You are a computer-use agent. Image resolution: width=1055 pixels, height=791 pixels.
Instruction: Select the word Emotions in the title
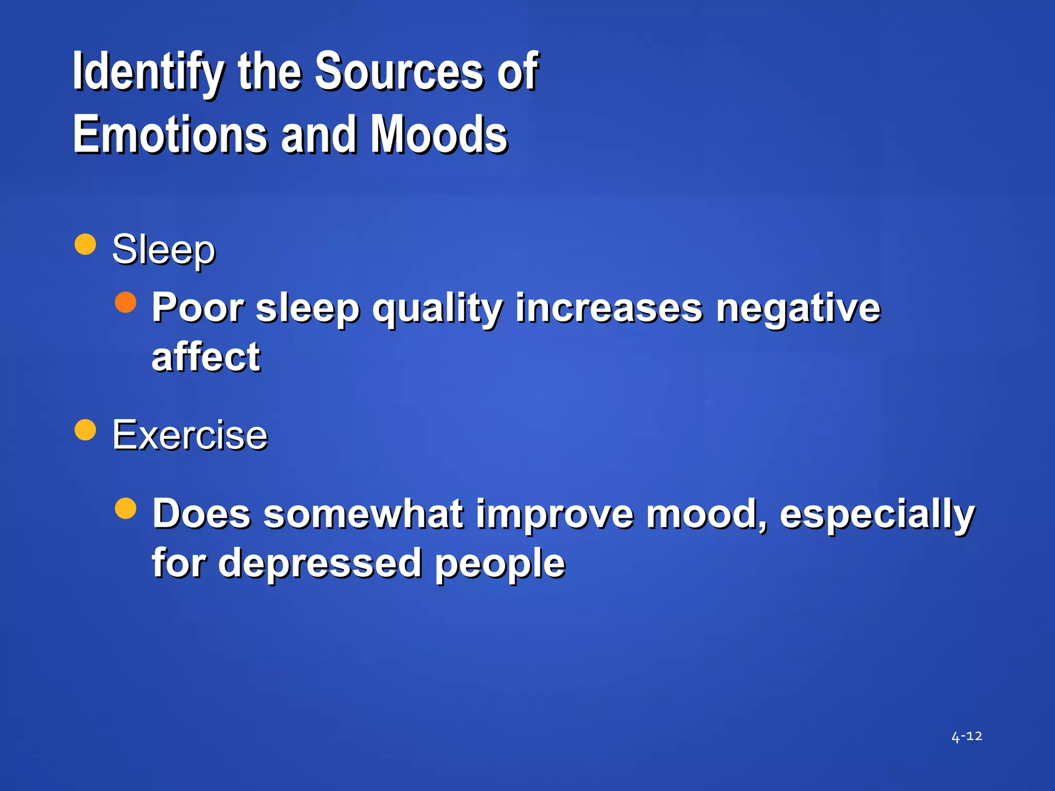[170, 135]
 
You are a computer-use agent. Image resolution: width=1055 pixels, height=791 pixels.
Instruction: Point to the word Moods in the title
[439, 135]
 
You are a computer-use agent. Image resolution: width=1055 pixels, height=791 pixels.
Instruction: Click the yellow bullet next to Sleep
[86, 245]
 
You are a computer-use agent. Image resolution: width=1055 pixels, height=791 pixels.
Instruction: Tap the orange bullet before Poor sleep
[126, 303]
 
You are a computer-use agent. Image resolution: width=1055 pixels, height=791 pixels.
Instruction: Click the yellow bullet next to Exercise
[86, 430]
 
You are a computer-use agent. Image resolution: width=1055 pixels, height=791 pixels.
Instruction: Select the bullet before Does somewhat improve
[126, 509]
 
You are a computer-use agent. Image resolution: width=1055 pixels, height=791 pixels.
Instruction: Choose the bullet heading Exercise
[190, 436]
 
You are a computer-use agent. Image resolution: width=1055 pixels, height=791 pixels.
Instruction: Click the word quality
[437, 309]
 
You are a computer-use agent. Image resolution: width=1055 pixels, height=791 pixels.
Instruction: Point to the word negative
[798, 309]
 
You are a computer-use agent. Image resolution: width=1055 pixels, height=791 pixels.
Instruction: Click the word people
[500, 564]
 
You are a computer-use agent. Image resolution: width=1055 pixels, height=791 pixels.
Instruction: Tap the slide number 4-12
[966, 736]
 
